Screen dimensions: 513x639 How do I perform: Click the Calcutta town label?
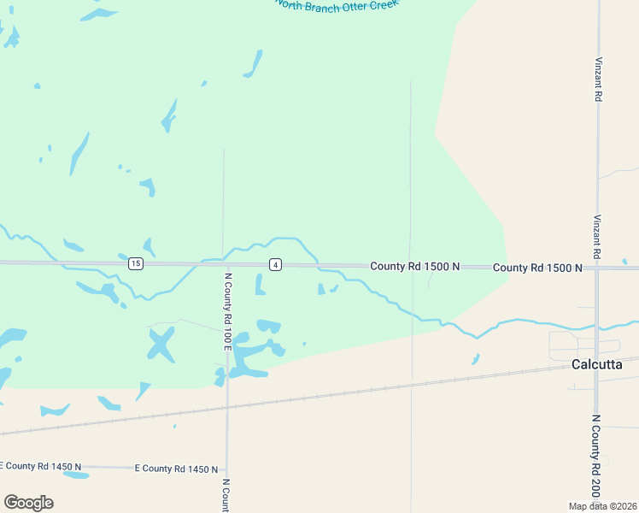click(x=596, y=365)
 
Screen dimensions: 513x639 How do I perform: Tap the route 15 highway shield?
click(x=136, y=264)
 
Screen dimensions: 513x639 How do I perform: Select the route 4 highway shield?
click(x=275, y=265)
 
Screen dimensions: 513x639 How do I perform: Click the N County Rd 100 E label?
click(x=228, y=311)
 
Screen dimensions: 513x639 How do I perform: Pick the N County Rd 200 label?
click(x=595, y=457)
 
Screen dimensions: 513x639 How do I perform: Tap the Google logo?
click(x=28, y=503)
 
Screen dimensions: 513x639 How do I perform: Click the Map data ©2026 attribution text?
click(x=602, y=506)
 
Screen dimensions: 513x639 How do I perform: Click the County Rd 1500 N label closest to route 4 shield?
click(x=414, y=267)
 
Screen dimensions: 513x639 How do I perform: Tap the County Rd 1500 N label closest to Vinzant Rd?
click(x=537, y=268)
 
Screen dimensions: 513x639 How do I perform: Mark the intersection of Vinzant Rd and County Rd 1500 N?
click(x=597, y=268)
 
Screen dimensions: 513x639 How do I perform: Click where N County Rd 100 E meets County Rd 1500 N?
click(x=224, y=264)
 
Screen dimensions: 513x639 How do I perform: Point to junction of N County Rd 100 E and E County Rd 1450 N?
click(x=226, y=469)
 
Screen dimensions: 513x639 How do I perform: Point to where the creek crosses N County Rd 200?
click(x=597, y=326)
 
